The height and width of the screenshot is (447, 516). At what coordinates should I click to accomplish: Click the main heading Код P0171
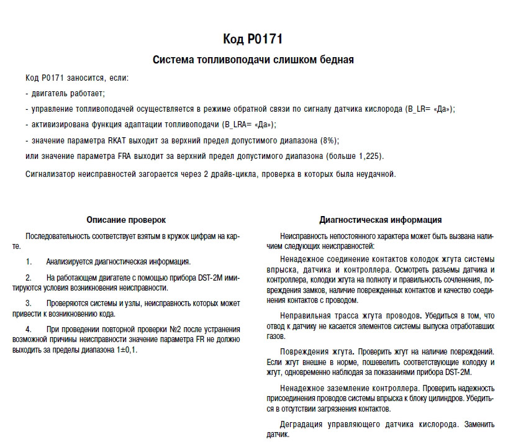tap(253, 40)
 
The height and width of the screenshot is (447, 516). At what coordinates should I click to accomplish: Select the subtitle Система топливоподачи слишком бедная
tap(253, 60)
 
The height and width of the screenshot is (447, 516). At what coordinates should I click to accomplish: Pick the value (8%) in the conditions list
tap(328, 140)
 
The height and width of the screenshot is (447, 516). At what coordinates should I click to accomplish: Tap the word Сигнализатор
tap(51, 174)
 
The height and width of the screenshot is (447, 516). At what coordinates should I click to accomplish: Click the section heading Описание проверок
tap(126, 220)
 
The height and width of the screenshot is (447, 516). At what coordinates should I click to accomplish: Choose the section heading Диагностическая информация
tap(381, 220)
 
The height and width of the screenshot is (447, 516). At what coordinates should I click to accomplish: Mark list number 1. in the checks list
tap(29, 261)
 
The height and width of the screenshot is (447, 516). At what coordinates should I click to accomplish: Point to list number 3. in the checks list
tap(29, 303)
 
